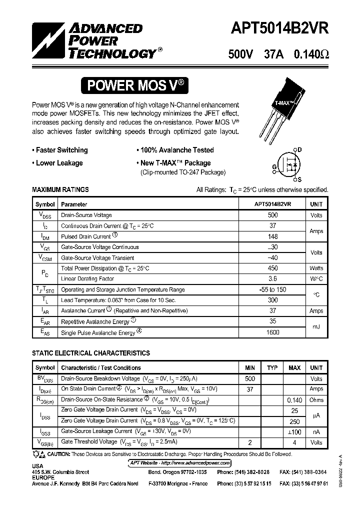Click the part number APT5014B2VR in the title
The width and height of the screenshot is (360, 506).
[278, 28]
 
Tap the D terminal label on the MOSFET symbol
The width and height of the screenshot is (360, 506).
[299, 149]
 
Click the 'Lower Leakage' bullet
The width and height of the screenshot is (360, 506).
[57, 163]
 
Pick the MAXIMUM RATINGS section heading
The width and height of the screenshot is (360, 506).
[60, 189]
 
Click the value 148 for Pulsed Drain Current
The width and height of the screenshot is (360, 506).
[273, 236]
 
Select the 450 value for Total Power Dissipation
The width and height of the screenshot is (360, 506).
[273, 268]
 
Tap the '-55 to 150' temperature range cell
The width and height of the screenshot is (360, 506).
[273, 289]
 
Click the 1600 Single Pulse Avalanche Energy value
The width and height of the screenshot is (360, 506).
[273, 332]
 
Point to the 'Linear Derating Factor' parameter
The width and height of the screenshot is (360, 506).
[87, 279]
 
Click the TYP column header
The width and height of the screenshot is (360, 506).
[272, 368]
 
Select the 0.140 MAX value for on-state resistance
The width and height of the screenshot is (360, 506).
[294, 400]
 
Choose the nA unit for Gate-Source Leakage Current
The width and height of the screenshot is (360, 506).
[316, 431]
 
